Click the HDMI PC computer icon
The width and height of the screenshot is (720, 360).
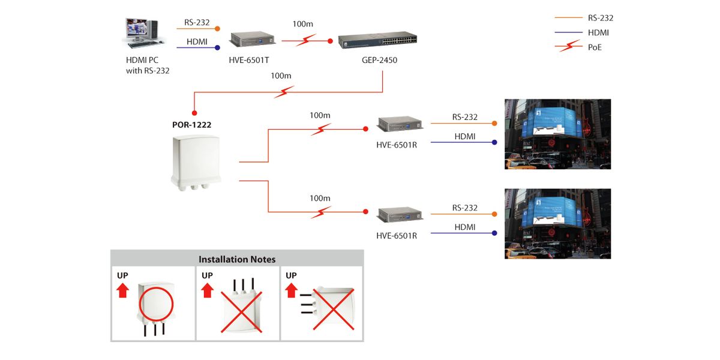tap(142, 34)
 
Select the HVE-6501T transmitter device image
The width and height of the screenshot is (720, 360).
tap(252, 40)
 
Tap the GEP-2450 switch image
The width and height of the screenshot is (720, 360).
tap(379, 41)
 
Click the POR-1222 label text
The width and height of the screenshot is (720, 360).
tap(191, 125)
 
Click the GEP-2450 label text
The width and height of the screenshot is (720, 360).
tap(379, 60)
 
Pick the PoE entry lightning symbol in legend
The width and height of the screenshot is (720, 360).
tap(569, 47)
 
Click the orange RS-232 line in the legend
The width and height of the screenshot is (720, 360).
tap(569, 18)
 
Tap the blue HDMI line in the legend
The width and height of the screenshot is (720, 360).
tap(569, 32)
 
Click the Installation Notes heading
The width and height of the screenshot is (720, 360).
tap(237, 259)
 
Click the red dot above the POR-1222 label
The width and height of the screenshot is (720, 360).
tap(194, 112)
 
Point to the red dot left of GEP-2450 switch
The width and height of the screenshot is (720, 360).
tap(329, 41)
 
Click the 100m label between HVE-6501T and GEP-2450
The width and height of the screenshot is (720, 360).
tap(303, 24)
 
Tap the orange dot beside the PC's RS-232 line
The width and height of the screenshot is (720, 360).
tap(217, 28)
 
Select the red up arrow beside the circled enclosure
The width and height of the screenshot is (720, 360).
tap(122, 291)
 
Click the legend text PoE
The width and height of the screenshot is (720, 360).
tap(595, 47)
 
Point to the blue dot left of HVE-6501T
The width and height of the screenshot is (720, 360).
tap(218, 47)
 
